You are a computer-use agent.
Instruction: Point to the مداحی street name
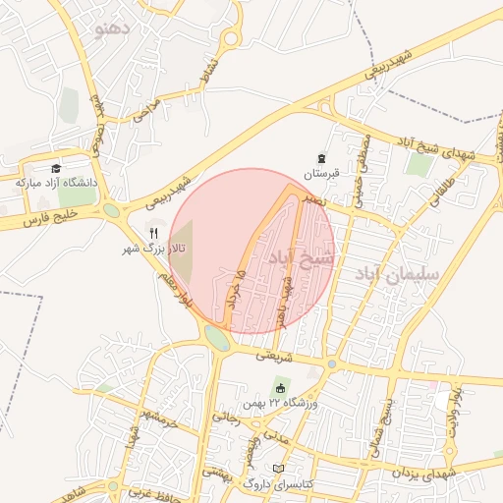click(x=146, y=111)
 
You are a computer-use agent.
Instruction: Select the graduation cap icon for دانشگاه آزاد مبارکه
click(x=56, y=169)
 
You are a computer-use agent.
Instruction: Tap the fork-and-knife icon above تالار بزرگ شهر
click(x=153, y=233)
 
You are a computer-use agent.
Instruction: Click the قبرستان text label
click(x=320, y=173)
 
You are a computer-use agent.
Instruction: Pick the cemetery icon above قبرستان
click(x=320, y=158)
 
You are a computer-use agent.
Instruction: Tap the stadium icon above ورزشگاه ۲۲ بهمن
click(x=280, y=388)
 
